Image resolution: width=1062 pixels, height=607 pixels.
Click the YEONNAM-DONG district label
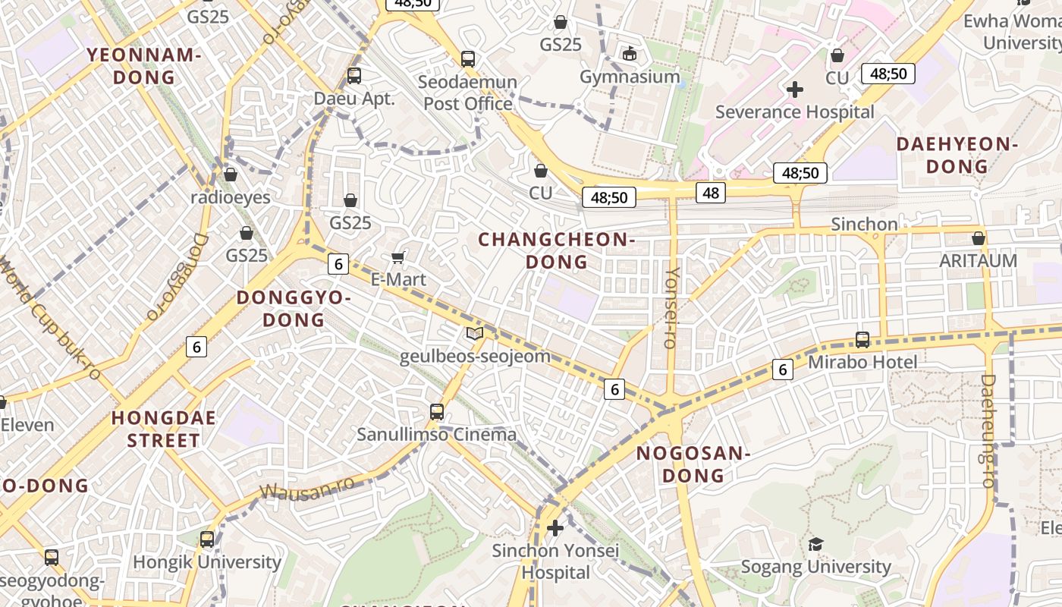click(143, 66)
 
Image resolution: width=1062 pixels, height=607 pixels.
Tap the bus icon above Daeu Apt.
click(354, 76)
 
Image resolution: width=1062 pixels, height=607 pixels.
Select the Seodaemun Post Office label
click(468, 93)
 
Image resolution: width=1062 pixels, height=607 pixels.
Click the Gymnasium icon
click(630, 54)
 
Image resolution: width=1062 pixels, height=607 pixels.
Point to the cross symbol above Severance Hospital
click(795, 90)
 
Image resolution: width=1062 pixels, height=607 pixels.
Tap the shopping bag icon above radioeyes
click(231, 175)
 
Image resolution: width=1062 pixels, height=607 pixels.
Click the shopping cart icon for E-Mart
click(398, 258)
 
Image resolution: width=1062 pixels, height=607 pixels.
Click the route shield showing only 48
click(711, 193)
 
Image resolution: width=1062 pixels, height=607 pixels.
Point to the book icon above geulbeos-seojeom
click(475, 334)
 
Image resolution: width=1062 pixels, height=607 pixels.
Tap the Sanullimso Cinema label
click(437, 435)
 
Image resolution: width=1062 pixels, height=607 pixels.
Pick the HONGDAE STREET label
click(164, 429)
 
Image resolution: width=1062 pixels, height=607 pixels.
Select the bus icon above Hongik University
click(207, 539)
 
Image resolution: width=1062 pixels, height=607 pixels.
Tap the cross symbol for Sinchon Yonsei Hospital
click(555, 527)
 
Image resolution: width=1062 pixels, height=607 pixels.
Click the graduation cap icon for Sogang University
click(815, 544)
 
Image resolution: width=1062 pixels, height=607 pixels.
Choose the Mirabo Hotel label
click(862, 362)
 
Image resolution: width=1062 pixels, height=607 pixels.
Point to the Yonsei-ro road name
click(671, 307)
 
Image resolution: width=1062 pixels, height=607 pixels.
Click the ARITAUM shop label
click(979, 260)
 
